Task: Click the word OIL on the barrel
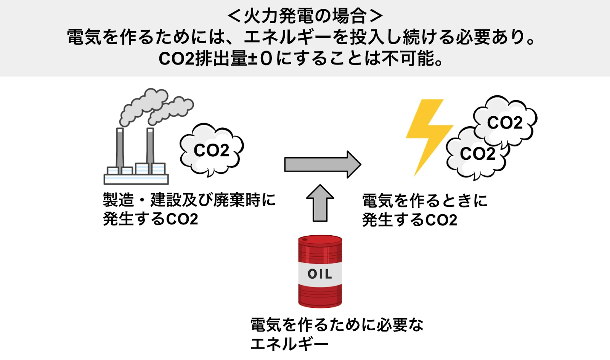coord(320,274)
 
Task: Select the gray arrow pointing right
coord(322,164)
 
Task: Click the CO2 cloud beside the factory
coord(212,150)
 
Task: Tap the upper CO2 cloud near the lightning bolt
coord(505,122)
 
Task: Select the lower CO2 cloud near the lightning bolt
coord(477,154)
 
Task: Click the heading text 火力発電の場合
coord(305,16)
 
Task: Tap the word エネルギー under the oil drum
coord(289,344)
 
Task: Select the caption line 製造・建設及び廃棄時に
coord(189,200)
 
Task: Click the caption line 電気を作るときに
coord(425,201)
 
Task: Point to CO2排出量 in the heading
coord(203,58)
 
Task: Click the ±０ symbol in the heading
coord(261,58)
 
